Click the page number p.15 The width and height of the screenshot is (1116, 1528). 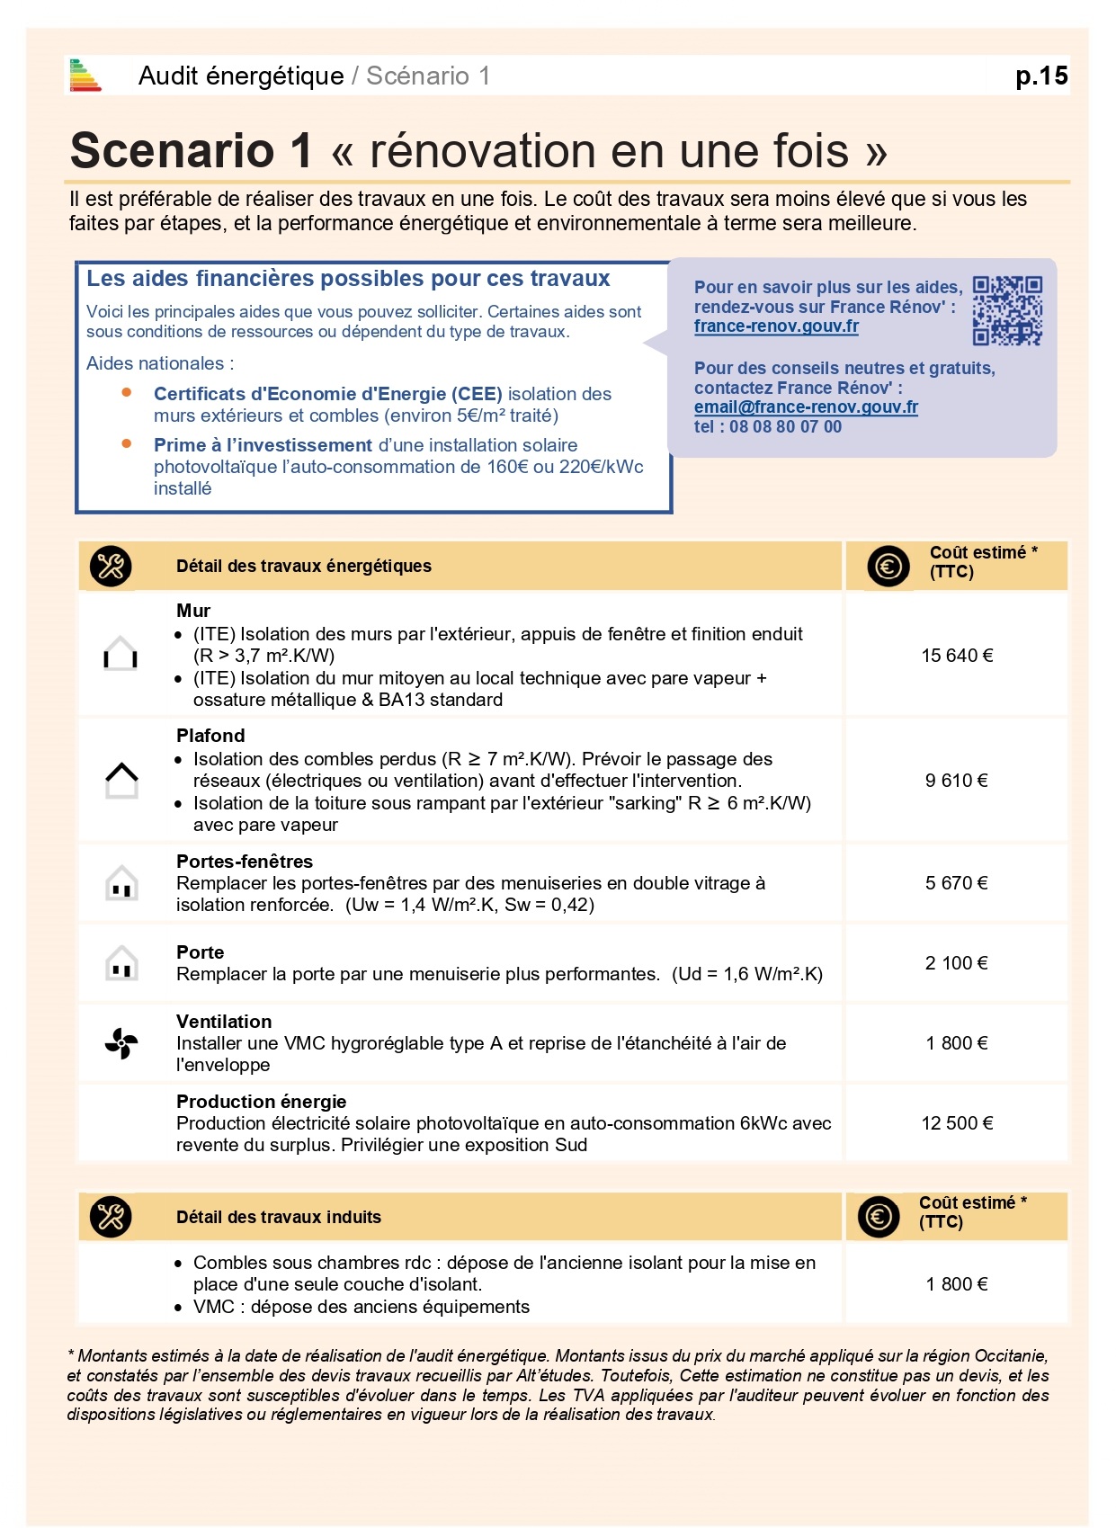click(x=1041, y=76)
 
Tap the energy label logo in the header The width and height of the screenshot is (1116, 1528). click(x=85, y=76)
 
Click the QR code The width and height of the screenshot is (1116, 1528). click(x=1007, y=311)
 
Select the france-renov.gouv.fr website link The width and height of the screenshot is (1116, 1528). click(x=776, y=326)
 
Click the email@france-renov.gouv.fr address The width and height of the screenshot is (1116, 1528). click(x=806, y=407)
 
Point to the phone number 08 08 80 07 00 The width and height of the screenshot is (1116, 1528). click(x=785, y=427)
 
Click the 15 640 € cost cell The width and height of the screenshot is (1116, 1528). click(x=957, y=656)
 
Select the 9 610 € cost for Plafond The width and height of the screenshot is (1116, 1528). click(x=957, y=781)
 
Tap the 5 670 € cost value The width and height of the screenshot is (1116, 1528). click(x=957, y=883)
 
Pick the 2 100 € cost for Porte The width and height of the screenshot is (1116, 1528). click(x=957, y=963)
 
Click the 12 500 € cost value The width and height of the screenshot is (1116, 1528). click(x=957, y=1123)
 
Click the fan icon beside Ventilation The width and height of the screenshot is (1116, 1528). click(x=121, y=1043)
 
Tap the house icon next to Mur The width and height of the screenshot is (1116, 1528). click(x=121, y=654)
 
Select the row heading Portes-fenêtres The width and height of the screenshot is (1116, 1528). click(x=245, y=862)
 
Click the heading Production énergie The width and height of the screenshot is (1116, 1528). click(x=261, y=1102)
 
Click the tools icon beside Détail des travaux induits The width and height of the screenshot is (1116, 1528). click(x=111, y=1217)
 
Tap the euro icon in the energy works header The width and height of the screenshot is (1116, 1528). click(x=888, y=567)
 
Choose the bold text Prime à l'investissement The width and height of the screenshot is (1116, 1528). click(x=263, y=445)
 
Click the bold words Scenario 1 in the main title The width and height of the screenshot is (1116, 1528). click(x=191, y=150)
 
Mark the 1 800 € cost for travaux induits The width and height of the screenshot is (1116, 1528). click(x=957, y=1284)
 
